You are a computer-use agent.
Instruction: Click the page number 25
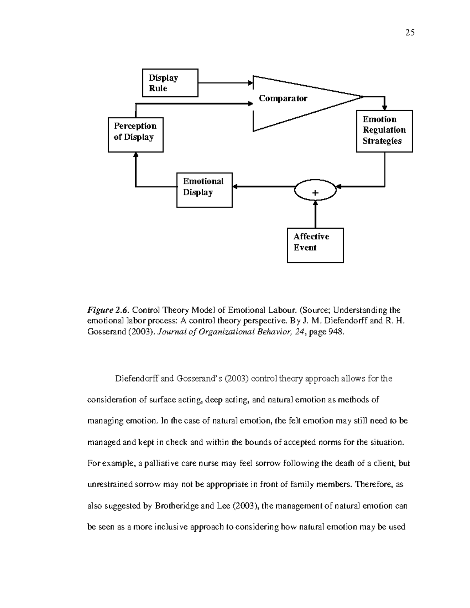(410, 32)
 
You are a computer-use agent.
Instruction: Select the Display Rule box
(170, 83)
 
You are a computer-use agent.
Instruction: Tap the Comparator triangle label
(283, 98)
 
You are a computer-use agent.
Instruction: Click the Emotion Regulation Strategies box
(384, 131)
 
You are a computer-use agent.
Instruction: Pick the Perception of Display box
(136, 134)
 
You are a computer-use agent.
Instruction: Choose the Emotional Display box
(204, 190)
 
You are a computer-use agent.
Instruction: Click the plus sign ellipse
(315, 191)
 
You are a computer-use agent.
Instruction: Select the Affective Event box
(315, 245)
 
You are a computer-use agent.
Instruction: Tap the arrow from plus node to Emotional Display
(263, 187)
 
